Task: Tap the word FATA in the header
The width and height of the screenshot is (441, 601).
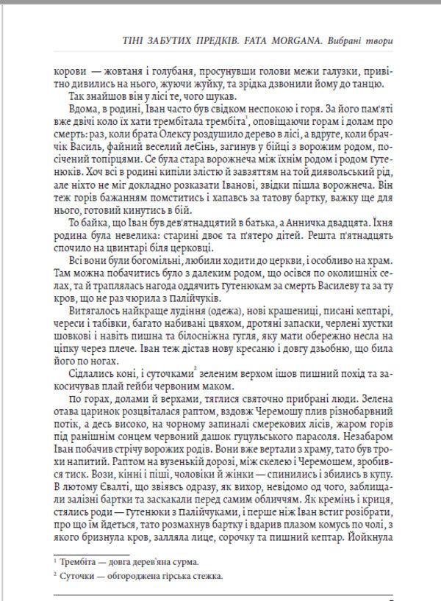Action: click(x=239, y=41)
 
